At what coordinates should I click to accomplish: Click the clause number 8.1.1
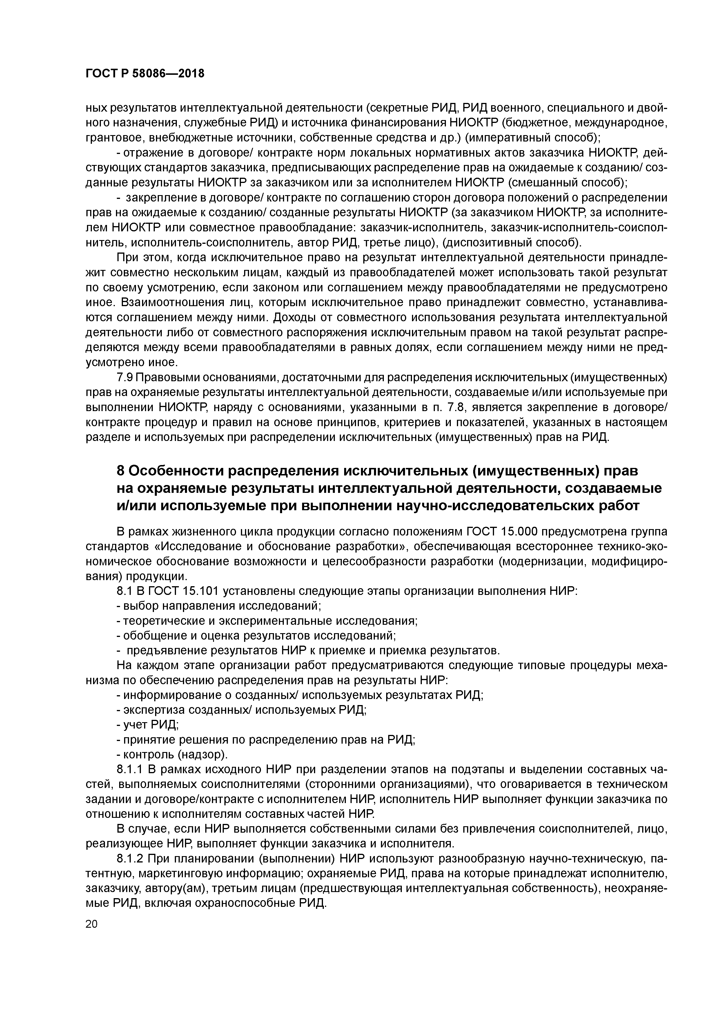pyautogui.click(x=130, y=769)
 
